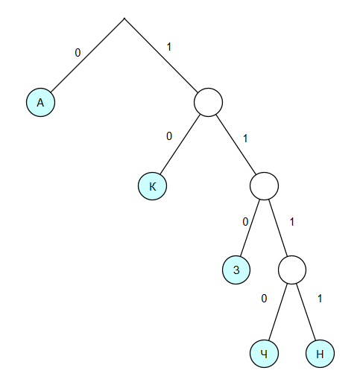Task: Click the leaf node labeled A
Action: pos(40,102)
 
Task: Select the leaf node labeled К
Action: pos(152,186)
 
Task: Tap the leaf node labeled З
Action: pos(236,270)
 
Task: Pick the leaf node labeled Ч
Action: pos(264,354)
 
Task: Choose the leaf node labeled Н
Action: pos(320,354)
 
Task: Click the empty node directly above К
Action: pos(208,102)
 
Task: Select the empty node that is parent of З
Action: pos(264,186)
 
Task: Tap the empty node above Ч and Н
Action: pos(292,270)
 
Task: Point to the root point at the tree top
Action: pos(124,19)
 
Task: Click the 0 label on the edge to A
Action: pos(78,53)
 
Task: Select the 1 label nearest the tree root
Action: pos(169,47)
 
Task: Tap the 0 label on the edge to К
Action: pos(169,136)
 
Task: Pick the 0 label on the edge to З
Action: pos(245,222)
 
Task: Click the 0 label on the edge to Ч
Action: pos(264,299)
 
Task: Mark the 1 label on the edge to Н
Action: pos(320,299)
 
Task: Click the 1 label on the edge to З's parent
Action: pos(245,139)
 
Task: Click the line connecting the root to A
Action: pos(87,55)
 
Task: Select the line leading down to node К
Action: pos(180,144)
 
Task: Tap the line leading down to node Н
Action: pos(306,311)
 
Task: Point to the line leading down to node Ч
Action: pos(278,311)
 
